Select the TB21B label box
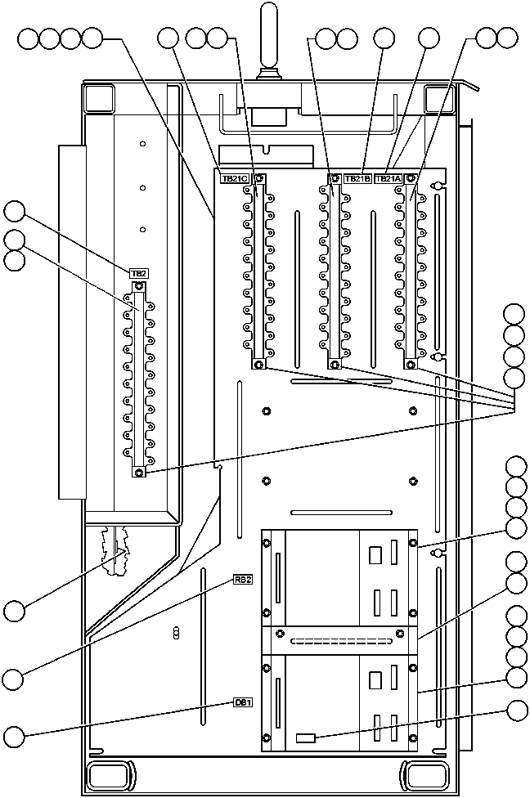[358, 178]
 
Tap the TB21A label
[389, 178]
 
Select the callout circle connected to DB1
[15, 736]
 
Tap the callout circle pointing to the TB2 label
[15, 211]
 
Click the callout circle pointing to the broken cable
[14, 610]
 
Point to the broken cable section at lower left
[116, 551]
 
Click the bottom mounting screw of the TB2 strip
[138, 473]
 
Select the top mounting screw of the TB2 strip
[139, 287]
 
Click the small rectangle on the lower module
[306, 737]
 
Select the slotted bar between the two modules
[339, 641]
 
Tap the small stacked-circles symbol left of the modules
[177, 634]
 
